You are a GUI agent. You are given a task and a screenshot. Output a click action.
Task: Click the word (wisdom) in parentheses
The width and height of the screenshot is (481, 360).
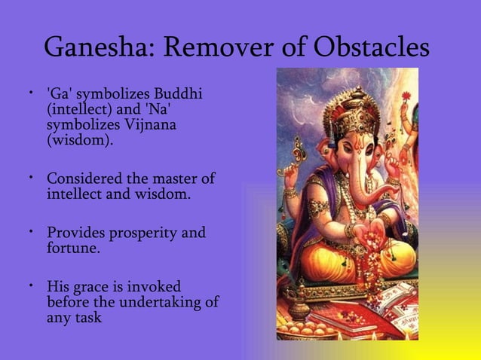tap(81, 139)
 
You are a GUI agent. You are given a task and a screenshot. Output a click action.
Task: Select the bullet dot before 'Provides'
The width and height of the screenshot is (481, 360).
tap(32, 232)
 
